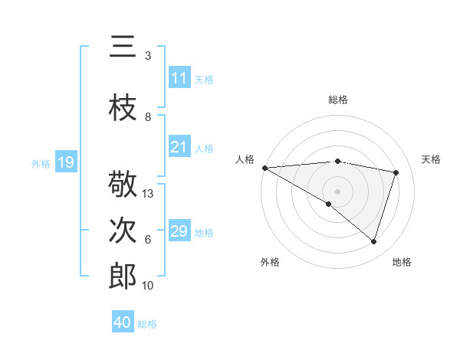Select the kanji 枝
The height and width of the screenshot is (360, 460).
[x=123, y=108]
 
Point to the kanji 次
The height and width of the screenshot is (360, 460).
[x=123, y=231]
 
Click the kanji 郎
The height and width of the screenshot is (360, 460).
[x=123, y=277]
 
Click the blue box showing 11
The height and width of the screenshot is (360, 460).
[x=179, y=77]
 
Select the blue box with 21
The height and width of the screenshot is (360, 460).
[x=179, y=147]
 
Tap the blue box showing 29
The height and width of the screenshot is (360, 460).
[x=179, y=231]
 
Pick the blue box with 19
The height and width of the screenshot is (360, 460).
[x=66, y=162]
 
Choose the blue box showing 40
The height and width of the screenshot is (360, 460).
[x=123, y=322]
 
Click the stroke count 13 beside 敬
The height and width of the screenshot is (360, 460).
[x=148, y=194]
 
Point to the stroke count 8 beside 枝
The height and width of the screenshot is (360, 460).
[x=148, y=117]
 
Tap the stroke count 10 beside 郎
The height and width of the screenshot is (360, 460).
[x=148, y=286]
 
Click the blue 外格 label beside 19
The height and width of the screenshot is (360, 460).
[x=41, y=163]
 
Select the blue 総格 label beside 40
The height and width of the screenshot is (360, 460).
[x=147, y=324]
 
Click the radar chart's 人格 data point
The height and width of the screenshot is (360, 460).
[x=264, y=168]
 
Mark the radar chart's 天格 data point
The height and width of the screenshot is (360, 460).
[x=396, y=172]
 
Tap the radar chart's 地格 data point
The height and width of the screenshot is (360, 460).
[x=374, y=242]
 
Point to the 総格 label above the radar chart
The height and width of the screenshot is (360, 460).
[x=338, y=100]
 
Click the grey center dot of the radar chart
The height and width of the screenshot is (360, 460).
[x=338, y=191]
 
